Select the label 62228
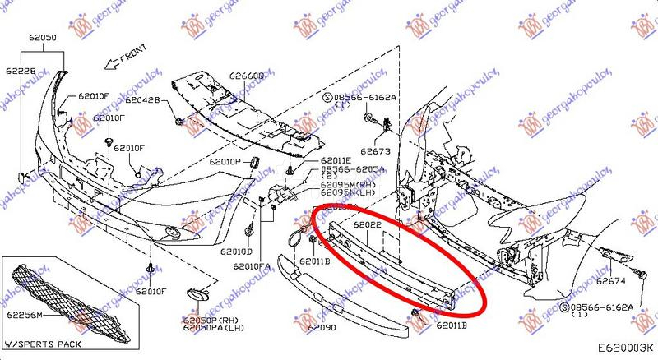(20, 70)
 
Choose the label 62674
(611, 281)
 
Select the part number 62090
(322, 327)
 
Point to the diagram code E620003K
(619, 349)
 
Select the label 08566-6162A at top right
(366, 97)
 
